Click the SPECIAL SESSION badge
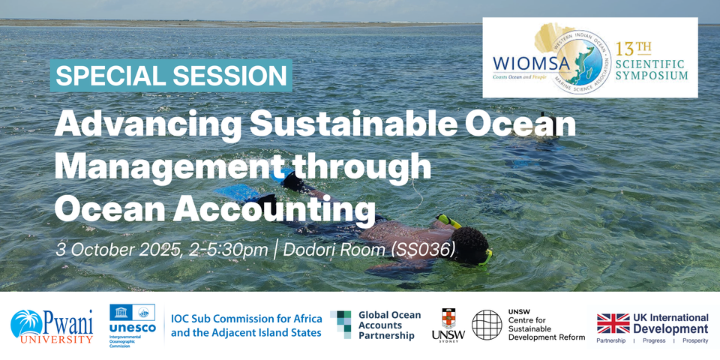point(172,76)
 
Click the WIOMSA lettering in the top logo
point(524,59)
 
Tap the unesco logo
point(132,322)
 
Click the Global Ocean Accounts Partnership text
point(388,325)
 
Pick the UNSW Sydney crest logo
point(448,325)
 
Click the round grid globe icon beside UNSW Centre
point(487,325)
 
